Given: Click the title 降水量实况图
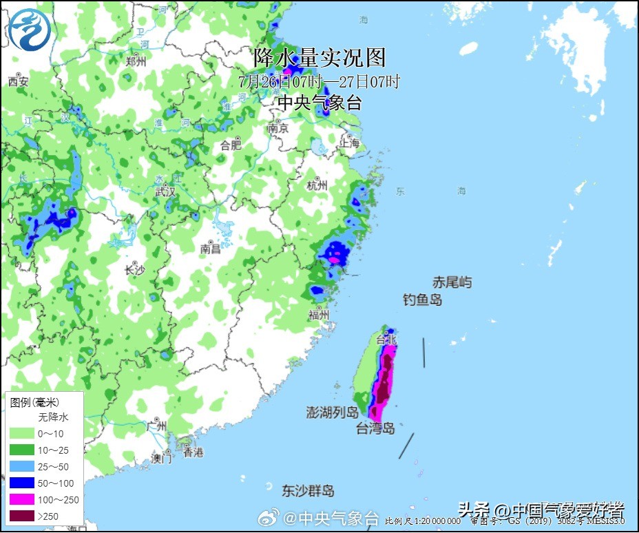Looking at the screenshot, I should point(320,57).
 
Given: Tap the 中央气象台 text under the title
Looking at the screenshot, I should point(319,103).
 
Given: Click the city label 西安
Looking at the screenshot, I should point(19,82).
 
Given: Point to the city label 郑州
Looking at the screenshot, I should point(136,61).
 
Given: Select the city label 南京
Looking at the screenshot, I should point(277,128).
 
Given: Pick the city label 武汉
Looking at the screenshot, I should point(165,191).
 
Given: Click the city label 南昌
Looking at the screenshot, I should point(211,248).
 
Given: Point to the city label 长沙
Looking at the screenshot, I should point(134,270).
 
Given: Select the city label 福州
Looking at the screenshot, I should point(319,315).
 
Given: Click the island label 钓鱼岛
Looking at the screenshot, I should point(422,300).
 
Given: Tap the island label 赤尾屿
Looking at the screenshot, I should point(452,282).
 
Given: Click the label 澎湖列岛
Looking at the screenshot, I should point(333,412).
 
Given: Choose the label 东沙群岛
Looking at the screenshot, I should point(308,491).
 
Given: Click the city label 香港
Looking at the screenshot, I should point(193,452).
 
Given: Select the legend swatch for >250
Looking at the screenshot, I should point(23,516).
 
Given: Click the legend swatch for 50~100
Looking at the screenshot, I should point(23,483).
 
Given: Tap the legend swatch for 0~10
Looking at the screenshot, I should point(23,433).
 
